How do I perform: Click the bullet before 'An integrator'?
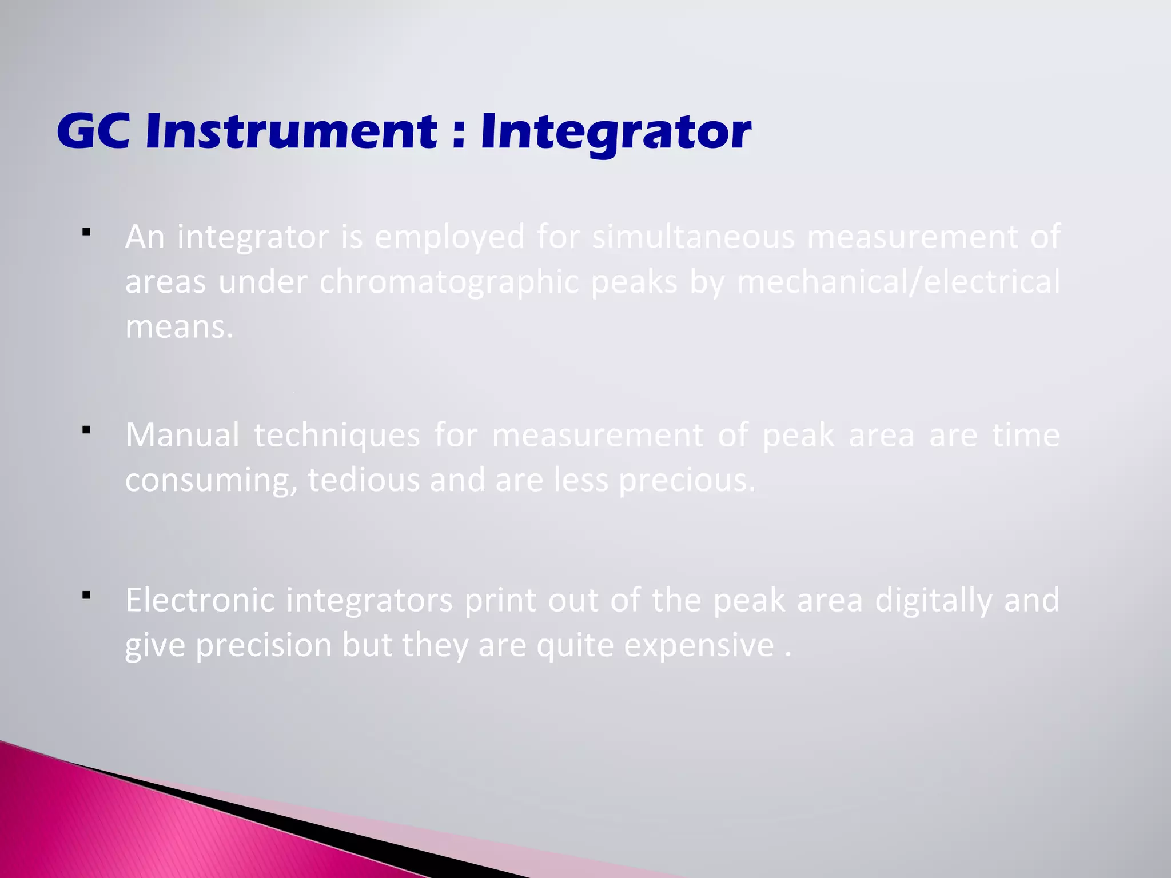point(87,232)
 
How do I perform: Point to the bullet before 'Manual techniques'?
point(87,430)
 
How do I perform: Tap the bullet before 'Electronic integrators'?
point(87,596)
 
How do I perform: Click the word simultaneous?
point(693,237)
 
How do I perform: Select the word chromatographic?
point(449,282)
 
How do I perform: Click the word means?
point(179,328)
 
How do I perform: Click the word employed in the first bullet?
point(449,238)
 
